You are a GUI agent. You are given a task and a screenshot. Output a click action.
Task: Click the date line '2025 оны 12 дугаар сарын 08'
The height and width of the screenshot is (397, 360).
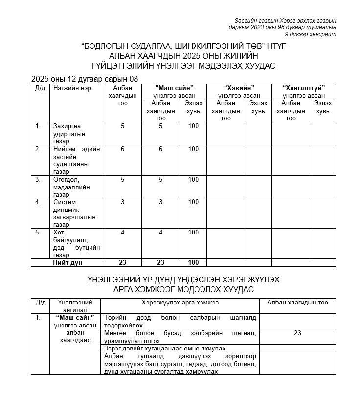tap(85, 79)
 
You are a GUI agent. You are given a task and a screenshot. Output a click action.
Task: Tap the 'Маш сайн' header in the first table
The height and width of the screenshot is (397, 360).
tap(174, 88)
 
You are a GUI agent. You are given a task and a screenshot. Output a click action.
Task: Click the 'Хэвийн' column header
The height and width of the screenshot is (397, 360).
tap(239, 88)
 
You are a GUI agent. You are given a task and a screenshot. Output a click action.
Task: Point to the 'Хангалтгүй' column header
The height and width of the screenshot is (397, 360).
tap(304, 88)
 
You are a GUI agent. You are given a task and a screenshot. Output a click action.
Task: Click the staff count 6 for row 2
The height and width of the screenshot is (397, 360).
tap(122, 149)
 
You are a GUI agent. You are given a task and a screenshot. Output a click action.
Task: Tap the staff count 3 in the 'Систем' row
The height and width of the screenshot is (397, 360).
tap(122, 202)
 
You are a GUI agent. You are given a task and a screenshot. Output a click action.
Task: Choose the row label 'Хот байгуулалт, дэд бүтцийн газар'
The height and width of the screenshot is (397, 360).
tap(76, 243)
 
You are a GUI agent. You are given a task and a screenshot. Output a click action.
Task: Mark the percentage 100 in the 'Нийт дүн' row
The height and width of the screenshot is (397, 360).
tap(193, 263)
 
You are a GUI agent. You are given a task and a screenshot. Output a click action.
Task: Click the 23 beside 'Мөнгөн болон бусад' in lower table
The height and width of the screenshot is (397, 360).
tap(297, 333)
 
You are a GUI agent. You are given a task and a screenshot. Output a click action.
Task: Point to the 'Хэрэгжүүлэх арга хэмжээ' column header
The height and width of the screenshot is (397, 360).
tap(180, 303)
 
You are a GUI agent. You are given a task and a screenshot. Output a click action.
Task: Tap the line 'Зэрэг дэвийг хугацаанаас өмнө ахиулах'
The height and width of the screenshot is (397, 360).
tap(165, 348)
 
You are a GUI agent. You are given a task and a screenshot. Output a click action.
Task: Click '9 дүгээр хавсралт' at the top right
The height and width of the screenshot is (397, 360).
tap(311, 34)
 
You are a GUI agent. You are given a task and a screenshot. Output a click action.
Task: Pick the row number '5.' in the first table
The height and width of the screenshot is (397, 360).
tap(38, 232)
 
